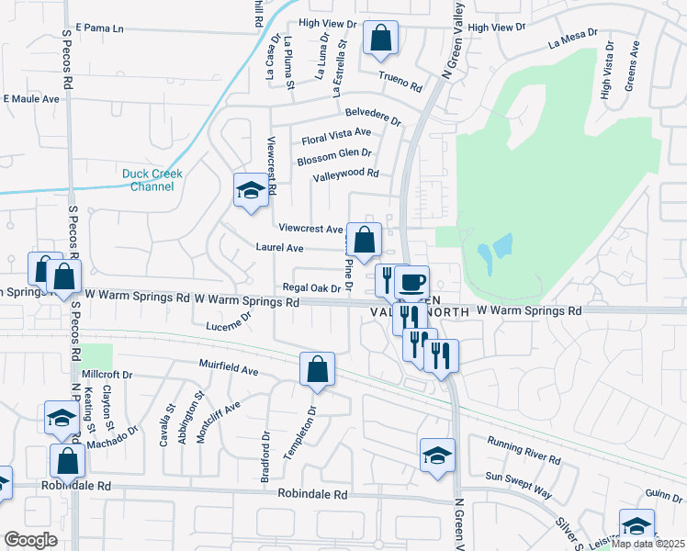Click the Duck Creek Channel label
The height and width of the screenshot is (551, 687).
pyautogui.click(x=152, y=179)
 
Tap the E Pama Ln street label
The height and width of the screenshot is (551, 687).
pyautogui.click(x=100, y=28)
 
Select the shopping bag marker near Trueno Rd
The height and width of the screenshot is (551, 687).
pyautogui.click(x=380, y=39)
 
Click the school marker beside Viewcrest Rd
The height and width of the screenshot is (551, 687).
pyautogui.click(x=249, y=190)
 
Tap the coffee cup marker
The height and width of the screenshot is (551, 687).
pyautogui.click(x=413, y=280)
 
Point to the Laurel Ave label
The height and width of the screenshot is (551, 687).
pyautogui.click(x=280, y=248)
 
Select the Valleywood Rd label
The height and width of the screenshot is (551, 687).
pyautogui.click(x=345, y=174)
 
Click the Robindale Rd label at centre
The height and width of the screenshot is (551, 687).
pyautogui.click(x=314, y=494)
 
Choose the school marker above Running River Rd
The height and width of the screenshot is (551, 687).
pyautogui.click(x=437, y=455)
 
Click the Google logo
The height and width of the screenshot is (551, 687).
pyautogui.click(x=30, y=540)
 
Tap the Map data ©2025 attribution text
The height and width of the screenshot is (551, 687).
pyautogui.click(x=648, y=544)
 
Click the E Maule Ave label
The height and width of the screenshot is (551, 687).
pyautogui.click(x=31, y=98)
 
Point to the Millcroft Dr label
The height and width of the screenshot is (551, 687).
pyautogui.click(x=107, y=375)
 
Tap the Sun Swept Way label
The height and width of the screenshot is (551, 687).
pyautogui.click(x=518, y=485)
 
